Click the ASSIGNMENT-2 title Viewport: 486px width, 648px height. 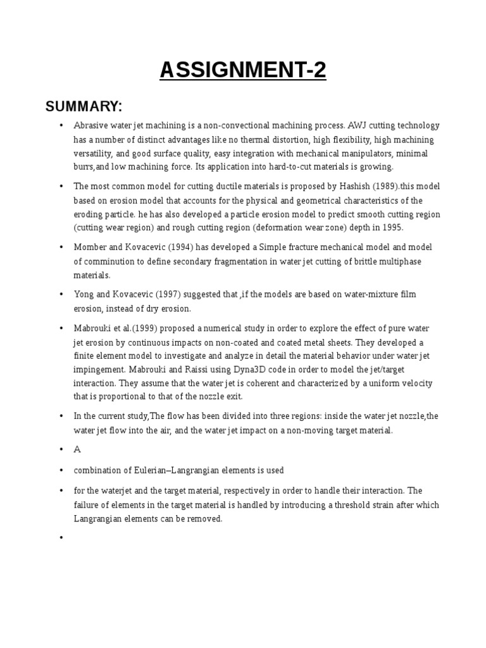[x=243, y=70]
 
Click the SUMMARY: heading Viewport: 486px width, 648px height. [x=84, y=106]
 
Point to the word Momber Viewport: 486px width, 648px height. [x=90, y=247]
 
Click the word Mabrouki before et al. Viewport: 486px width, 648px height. [x=95, y=328]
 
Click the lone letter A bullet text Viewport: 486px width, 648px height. [x=78, y=449]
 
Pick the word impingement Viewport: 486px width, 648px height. [x=102, y=369]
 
